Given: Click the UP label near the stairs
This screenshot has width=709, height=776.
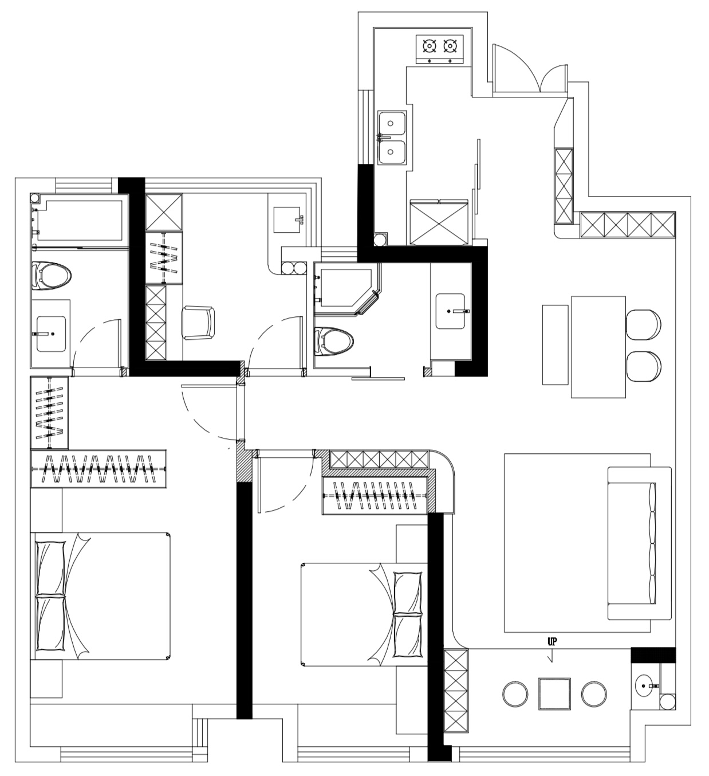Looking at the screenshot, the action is coord(552,642).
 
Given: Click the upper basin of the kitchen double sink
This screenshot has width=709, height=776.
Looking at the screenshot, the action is coord(392,123).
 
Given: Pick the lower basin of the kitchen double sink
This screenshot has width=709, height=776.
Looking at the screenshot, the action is coord(392,152).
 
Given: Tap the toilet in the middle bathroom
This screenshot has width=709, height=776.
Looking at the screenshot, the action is coord(334,341).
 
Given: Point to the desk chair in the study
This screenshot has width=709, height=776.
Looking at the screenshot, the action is coord(198,323).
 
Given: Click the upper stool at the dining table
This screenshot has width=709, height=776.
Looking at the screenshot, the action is coord(643,324).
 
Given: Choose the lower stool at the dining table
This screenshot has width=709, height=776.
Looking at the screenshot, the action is coord(643,366).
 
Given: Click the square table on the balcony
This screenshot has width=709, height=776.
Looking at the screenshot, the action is coord(555,693).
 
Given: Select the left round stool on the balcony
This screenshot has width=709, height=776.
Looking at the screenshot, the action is coord(515,693).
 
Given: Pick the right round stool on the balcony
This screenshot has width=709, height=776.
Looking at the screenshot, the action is coord(594,693).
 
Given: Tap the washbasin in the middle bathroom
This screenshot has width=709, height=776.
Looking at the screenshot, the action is coord(450,311).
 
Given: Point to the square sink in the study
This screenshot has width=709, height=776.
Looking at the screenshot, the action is coord(287,220).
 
